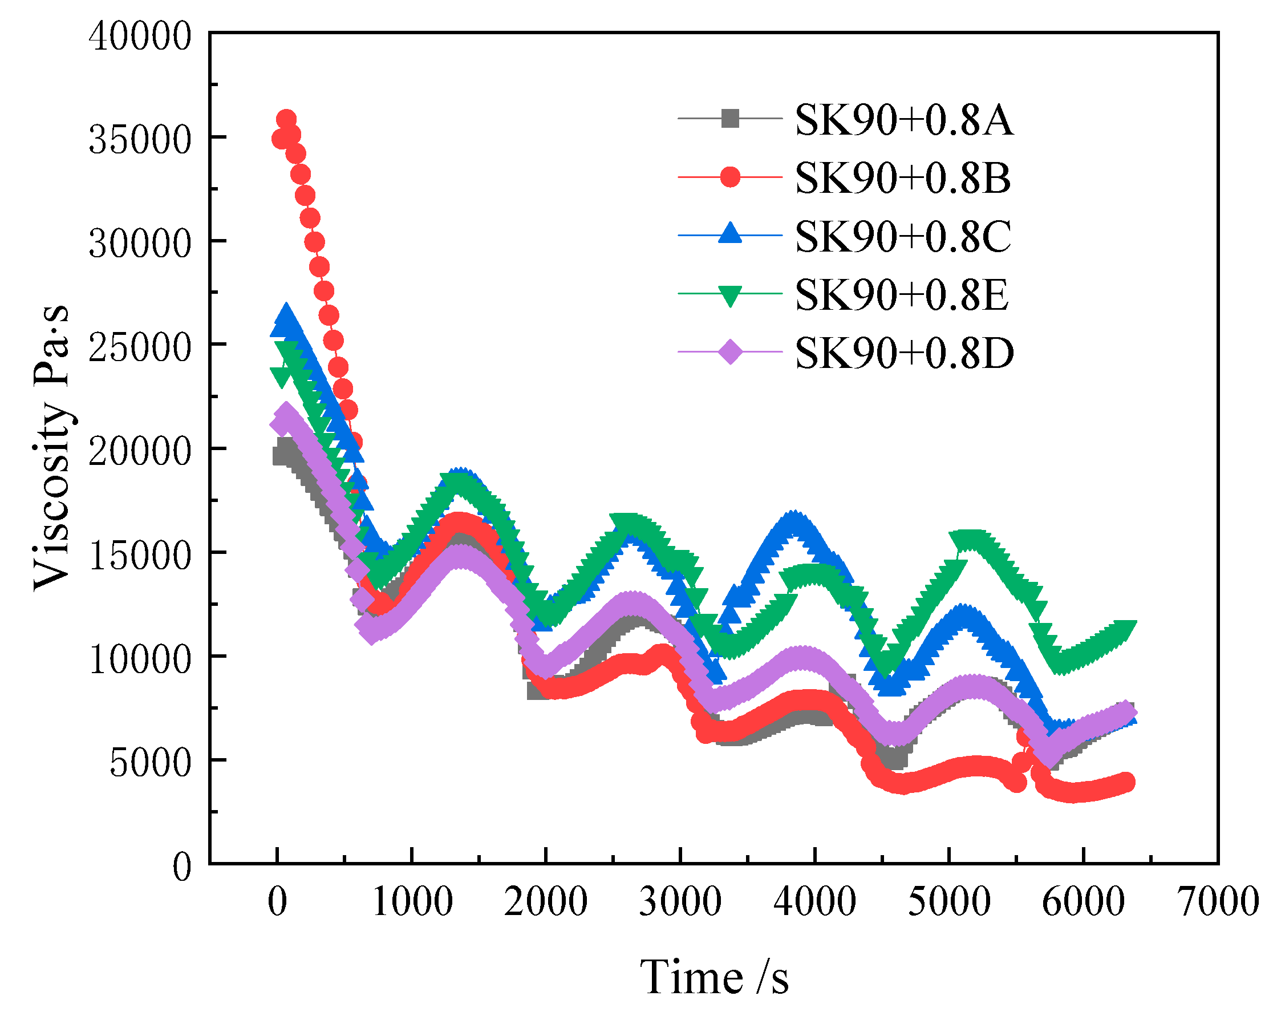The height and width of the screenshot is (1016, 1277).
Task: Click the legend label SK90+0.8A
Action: (x=903, y=120)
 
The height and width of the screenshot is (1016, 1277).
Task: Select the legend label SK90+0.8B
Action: (x=902, y=179)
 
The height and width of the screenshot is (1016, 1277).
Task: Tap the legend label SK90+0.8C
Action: (x=903, y=237)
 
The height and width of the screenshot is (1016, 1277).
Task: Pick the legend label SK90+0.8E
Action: (x=901, y=295)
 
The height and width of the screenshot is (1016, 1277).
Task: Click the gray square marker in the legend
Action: (x=729, y=119)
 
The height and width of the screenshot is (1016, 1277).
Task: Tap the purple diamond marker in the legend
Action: (x=729, y=352)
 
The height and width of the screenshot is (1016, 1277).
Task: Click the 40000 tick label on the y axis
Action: (x=140, y=36)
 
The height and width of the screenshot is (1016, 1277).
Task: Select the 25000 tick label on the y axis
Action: (x=140, y=349)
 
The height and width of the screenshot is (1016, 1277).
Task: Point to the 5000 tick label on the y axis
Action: (x=151, y=764)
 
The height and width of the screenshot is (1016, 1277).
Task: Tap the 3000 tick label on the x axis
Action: (x=680, y=902)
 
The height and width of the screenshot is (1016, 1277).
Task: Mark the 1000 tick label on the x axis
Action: (x=412, y=902)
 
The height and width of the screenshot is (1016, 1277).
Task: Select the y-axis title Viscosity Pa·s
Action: (x=52, y=448)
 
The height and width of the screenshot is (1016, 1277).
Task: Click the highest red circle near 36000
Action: (x=286, y=119)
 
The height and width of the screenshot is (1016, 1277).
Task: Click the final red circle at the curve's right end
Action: (x=1126, y=782)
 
